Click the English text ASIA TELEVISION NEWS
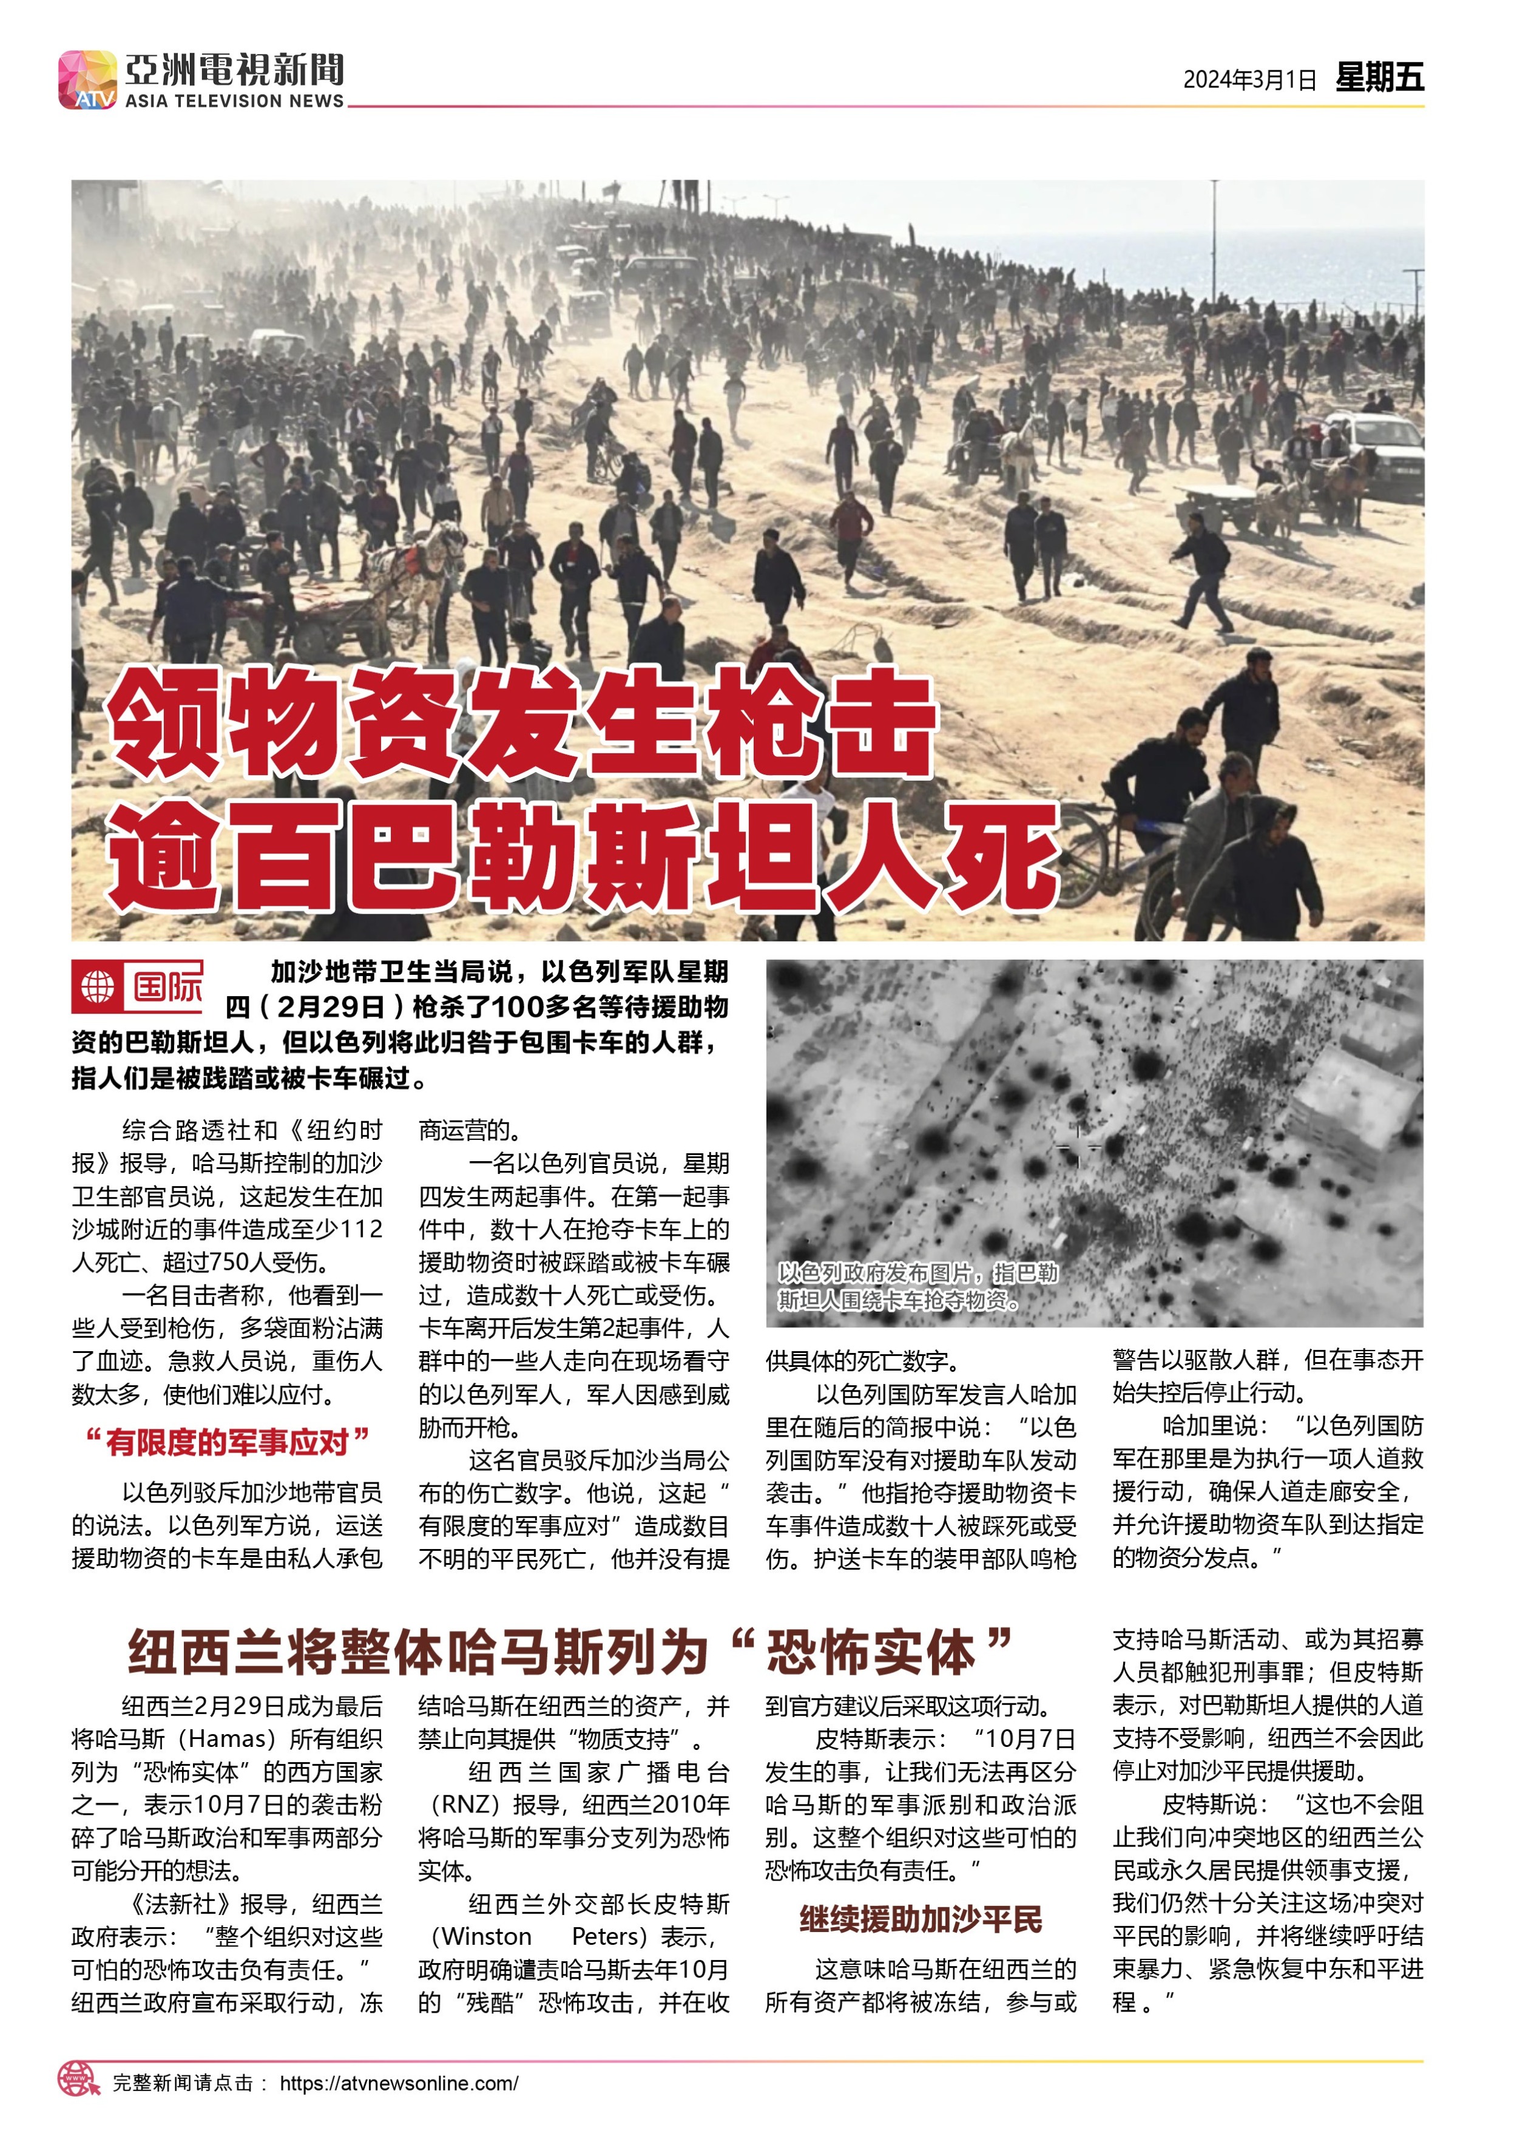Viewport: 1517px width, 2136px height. [234, 101]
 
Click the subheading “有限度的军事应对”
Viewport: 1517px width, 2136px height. [227, 1442]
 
